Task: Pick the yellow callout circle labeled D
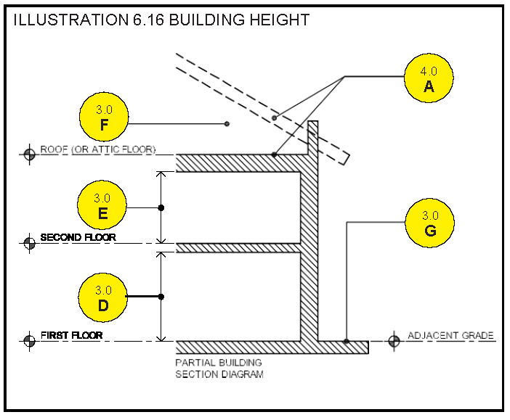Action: [103, 297]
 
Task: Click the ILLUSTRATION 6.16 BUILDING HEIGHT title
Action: [161, 20]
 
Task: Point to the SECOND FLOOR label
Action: [78, 237]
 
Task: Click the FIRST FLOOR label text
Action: [71, 336]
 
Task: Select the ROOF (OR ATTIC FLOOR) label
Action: [97, 149]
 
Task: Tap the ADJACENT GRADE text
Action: [450, 336]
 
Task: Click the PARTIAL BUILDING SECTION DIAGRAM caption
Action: [219, 368]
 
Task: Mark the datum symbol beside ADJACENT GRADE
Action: [394, 340]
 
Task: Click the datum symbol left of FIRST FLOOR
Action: [30, 340]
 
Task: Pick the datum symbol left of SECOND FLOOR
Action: [30, 243]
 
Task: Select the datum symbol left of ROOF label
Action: [30, 154]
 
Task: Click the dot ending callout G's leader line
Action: [347, 341]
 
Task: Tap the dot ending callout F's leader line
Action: [227, 124]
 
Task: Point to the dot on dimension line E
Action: [161, 207]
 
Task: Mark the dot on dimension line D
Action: [161, 297]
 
